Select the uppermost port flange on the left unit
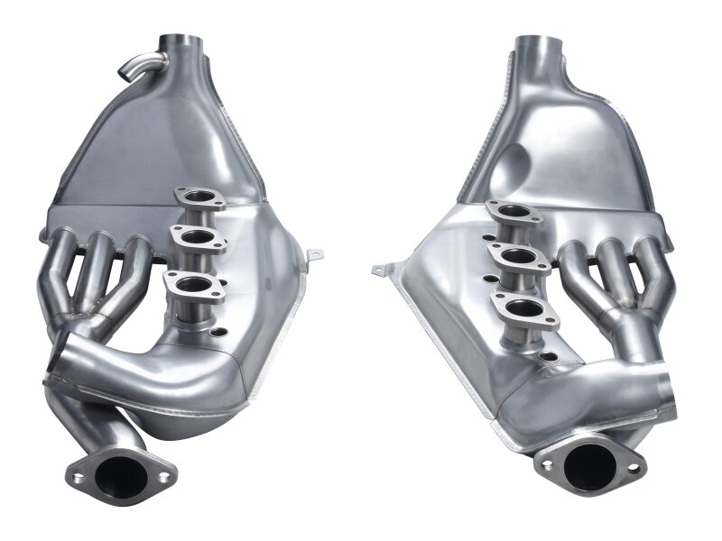tap(199, 197)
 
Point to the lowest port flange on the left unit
tap(194, 286)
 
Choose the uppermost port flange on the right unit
tap(514, 213)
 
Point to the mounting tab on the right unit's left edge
tap(383, 268)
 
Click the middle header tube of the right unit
tap(620, 270)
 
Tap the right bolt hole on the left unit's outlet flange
tap(162, 477)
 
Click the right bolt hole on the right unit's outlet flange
tap(634, 468)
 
